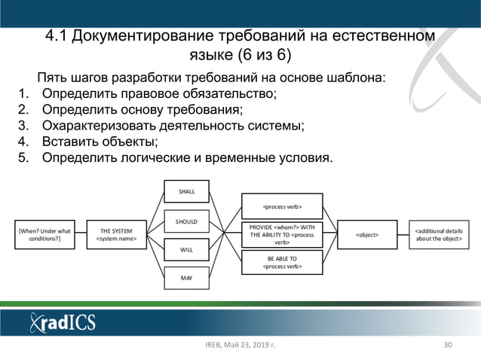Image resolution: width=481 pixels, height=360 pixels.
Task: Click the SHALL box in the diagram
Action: click(x=186, y=192)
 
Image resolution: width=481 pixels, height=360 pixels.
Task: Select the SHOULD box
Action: click(x=186, y=221)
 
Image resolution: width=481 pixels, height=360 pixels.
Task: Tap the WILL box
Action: click(x=186, y=249)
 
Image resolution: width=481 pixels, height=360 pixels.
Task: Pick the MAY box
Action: click(x=186, y=278)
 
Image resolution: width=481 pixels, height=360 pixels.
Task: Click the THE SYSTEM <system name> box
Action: click(x=116, y=235)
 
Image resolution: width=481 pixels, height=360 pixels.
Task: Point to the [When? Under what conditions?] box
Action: click(x=44, y=235)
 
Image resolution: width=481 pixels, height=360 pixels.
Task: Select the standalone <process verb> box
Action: click(x=282, y=206)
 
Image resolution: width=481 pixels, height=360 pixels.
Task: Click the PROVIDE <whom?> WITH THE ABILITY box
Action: click(x=282, y=235)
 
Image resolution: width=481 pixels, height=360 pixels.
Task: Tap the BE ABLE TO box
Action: click(x=282, y=262)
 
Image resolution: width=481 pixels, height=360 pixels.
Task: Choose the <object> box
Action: click(x=367, y=235)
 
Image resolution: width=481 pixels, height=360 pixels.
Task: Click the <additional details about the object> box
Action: click(x=438, y=235)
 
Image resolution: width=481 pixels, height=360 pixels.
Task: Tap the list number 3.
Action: click(x=22, y=126)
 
